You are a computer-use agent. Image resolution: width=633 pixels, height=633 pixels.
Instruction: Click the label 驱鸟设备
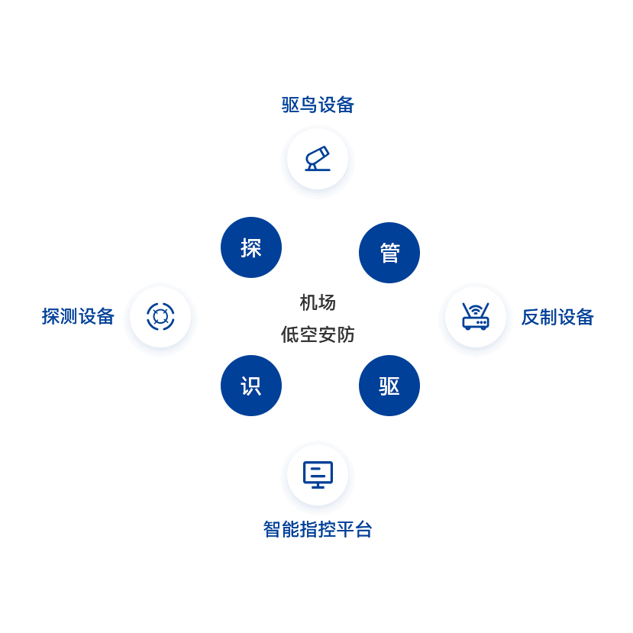318,105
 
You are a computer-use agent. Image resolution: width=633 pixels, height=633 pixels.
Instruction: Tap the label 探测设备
78,316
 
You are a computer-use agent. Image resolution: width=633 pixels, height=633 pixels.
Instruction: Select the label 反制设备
557,317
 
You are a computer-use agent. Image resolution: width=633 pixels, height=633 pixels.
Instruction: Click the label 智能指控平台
318,528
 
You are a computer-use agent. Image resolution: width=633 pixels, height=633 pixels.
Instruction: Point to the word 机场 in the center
318,302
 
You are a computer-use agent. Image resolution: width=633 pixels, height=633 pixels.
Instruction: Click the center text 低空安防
318,334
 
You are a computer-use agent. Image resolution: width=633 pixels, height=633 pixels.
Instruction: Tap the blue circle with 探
251,247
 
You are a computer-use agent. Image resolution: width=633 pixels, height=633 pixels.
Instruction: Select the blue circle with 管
389,253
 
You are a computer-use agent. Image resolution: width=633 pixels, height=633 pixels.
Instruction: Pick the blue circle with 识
251,386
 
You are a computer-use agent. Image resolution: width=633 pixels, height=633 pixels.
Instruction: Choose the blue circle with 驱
389,386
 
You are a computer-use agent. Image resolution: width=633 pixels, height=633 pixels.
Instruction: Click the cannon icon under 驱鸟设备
318,159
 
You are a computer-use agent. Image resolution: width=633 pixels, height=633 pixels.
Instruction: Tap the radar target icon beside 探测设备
160,316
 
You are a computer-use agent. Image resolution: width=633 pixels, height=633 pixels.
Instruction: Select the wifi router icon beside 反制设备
475,316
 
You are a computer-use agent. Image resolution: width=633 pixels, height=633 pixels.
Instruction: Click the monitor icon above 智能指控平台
318,474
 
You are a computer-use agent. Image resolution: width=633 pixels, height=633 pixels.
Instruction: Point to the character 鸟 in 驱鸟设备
308,105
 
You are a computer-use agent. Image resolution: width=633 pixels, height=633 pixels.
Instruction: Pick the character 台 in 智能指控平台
363,528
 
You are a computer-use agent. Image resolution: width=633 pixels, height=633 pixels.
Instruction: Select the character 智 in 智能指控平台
272,528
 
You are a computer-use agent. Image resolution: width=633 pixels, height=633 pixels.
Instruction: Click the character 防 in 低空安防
345,334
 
